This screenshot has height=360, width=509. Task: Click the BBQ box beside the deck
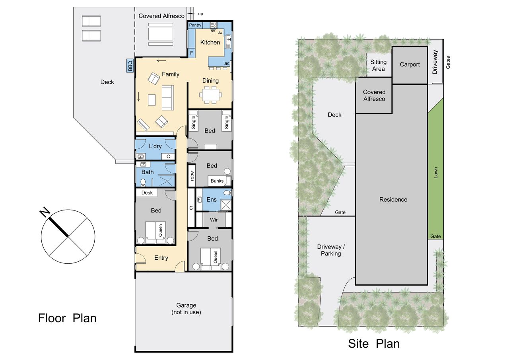click(x=130, y=66)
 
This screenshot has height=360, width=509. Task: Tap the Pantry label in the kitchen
click(x=195, y=25)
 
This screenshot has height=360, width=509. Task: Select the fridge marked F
click(x=192, y=53)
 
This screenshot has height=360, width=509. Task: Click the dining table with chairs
click(x=211, y=95)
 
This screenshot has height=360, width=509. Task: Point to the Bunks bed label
click(x=217, y=181)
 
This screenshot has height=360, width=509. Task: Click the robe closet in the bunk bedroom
click(x=192, y=176)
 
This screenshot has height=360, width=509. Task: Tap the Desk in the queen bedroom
click(x=147, y=193)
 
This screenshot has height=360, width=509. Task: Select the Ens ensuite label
click(x=211, y=200)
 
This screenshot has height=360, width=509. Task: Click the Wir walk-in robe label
click(x=214, y=220)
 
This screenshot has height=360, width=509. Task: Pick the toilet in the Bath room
click(x=143, y=182)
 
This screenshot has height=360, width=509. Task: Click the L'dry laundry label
click(x=155, y=146)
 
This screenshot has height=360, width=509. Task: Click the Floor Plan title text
click(x=67, y=318)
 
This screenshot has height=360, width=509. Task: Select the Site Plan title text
click(x=374, y=344)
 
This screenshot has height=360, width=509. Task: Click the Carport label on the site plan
click(x=410, y=64)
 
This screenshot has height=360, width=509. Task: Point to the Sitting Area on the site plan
click(x=379, y=65)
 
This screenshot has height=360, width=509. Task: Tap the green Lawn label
click(x=435, y=173)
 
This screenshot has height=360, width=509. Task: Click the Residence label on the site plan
click(x=393, y=200)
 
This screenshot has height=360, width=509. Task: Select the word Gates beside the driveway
click(x=448, y=62)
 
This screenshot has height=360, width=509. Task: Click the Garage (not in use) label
click(x=186, y=309)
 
